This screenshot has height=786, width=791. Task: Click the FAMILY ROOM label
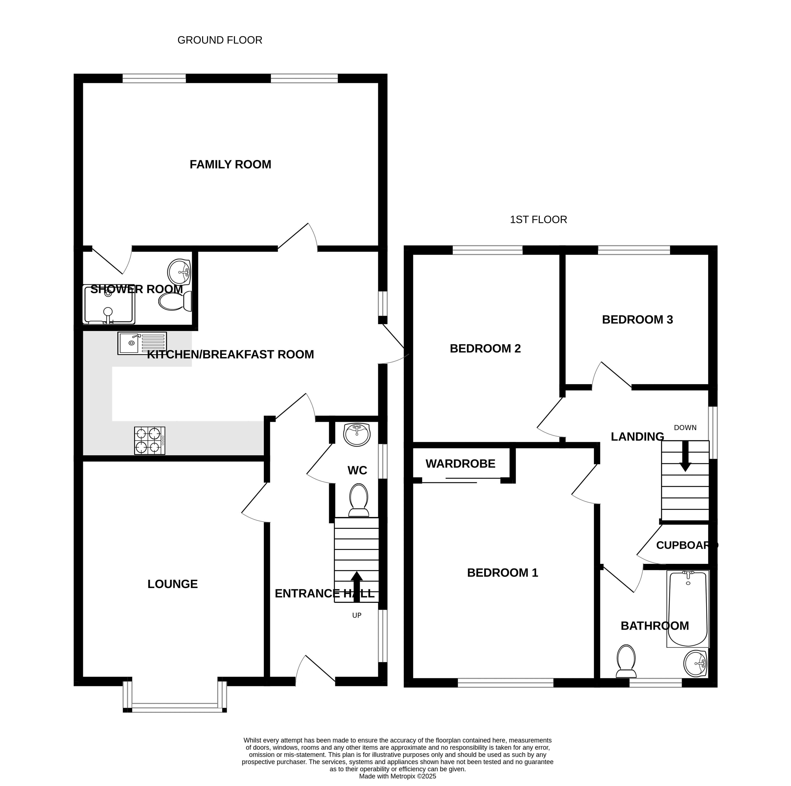230,165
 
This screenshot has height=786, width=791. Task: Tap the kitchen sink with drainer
142,343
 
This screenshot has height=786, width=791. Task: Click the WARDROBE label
460,464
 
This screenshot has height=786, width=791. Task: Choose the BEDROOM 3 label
638,320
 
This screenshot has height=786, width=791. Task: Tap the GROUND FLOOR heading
220,40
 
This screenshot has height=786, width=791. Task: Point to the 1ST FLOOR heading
538,220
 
